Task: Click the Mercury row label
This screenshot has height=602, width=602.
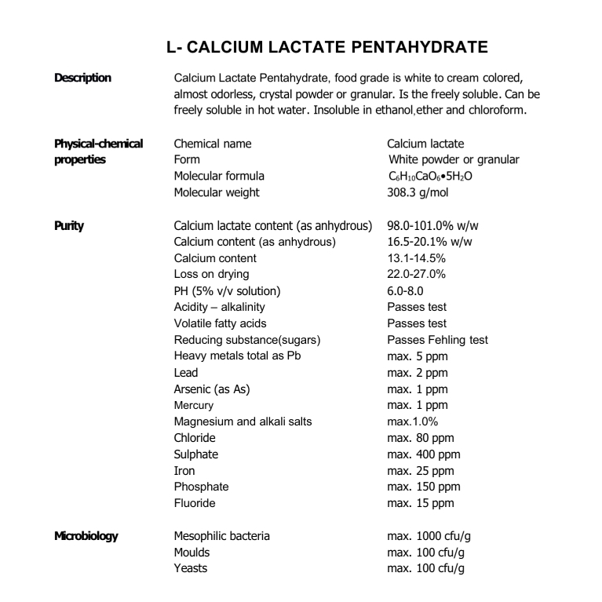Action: (193, 405)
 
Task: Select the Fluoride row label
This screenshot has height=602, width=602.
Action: (195, 503)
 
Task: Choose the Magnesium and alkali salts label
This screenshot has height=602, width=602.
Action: (243, 421)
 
